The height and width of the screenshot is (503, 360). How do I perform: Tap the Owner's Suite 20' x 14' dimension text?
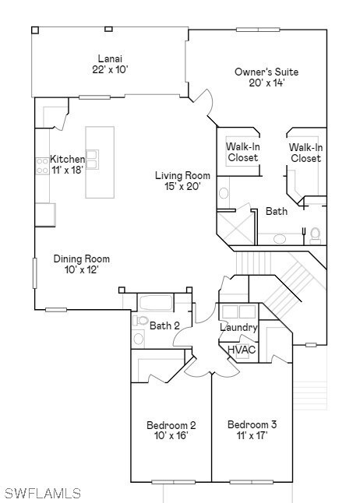coord(266,83)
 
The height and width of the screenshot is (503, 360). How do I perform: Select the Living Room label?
coord(183,175)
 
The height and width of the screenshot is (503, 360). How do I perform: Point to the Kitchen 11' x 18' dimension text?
coord(68,170)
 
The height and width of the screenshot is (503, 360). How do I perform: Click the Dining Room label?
coord(82,259)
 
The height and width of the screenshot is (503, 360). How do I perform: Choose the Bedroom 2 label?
coord(171,425)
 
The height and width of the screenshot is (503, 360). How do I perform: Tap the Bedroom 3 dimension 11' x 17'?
coord(252,435)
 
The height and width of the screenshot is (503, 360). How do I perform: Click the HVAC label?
coord(242,350)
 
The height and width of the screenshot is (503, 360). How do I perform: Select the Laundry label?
coord(238,328)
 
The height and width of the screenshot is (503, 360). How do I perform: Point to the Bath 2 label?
coord(164,326)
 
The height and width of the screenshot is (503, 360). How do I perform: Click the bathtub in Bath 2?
coord(156,302)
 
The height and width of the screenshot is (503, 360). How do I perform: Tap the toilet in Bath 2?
coord(140,320)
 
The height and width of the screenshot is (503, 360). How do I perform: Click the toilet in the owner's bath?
coord(316,235)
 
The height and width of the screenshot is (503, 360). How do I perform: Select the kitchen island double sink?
coord(92,160)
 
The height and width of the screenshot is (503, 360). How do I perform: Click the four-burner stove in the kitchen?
coord(42,166)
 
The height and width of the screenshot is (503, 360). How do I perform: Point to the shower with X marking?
coord(236,228)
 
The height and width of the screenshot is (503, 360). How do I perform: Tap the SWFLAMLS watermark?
coord(43,493)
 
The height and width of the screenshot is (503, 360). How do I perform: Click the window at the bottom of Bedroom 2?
coord(174,482)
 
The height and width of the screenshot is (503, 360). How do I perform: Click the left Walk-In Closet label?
coord(243,152)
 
